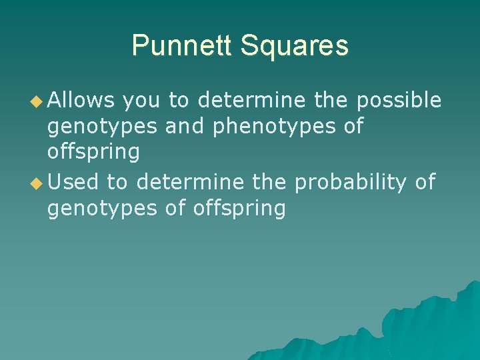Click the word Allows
(x=81, y=100)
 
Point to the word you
(x=141, y=100)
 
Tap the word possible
(x=399, y=100)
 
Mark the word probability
(x=350, y=181)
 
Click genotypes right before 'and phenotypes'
(x=103, y=127)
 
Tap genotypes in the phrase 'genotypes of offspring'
(x=103, y=208)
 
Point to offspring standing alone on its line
(x=93, y=152)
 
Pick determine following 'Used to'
(x=190, y=181)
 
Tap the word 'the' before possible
(x=332, y=100)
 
